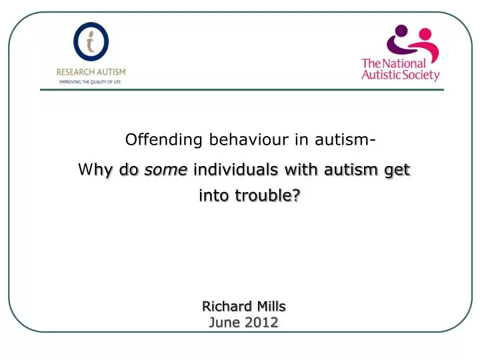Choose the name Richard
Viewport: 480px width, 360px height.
coord(224,307)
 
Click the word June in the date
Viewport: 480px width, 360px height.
coord(224,323)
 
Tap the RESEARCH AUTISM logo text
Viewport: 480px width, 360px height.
coord(91,71)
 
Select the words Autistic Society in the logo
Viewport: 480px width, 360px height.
coord(400,75)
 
